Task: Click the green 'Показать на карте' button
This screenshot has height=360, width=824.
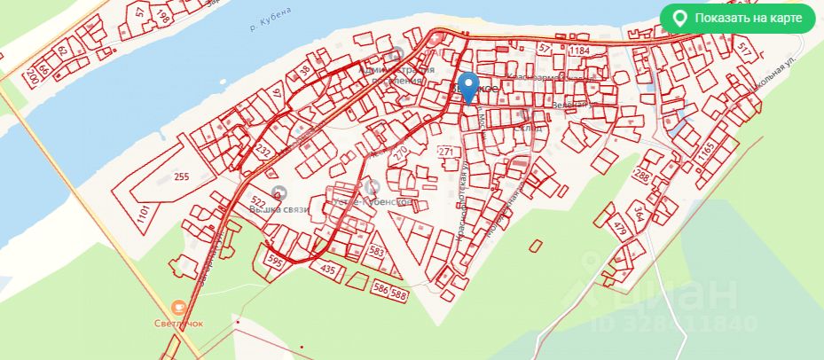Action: pyautogui.click(x=737, y=18)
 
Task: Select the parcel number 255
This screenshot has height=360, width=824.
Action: pyautogui.click(x=182, y=177)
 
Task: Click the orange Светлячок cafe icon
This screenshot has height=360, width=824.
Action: pyautogui.click(x=178, y=307)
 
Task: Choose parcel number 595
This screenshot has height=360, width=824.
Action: pyautogui.click(x=275, y=262)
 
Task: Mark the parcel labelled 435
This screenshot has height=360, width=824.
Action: pyautogui.click(x=327, y=269)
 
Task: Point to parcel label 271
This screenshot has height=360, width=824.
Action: pyautogui.click(x=446, y=153)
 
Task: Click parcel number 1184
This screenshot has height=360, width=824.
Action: pyautogui.click(x=580, y=51)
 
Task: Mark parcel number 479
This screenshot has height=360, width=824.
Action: pyautogui.click(x=620, y=232)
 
